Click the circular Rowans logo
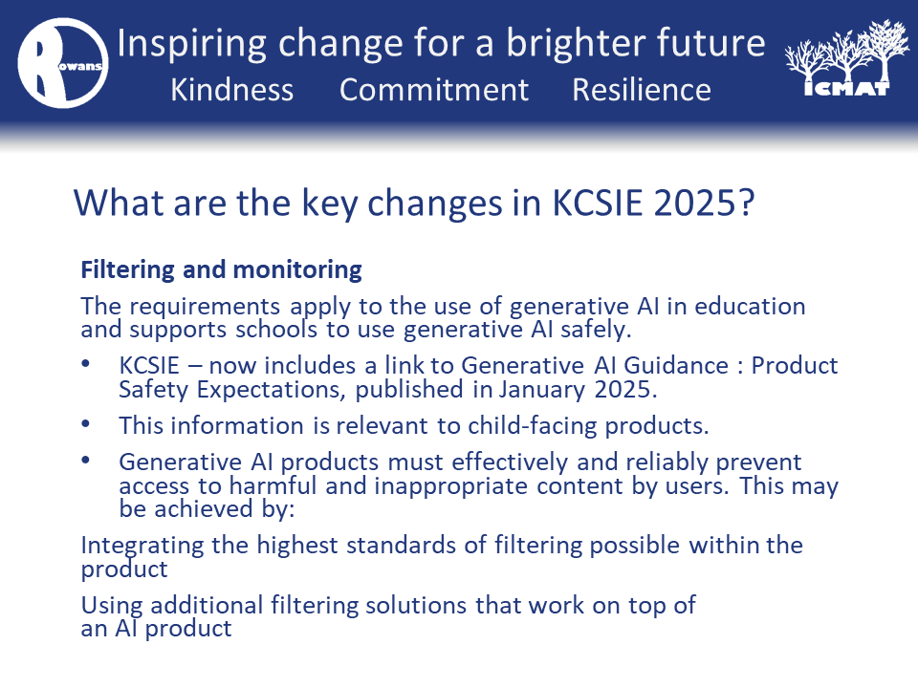coord(63,63)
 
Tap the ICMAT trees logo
coord(847,58)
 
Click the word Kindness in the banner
coord(231,90)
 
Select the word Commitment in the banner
coord(434,90)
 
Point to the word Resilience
coord(642,90)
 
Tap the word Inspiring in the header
coord(192,45)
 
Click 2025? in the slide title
coord(704,203)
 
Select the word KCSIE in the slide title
coord(597,203)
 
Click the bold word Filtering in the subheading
coord(127,270)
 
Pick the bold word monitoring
coord(297,270)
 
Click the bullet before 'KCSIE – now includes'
coord(85,363)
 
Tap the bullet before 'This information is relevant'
coord(85,423)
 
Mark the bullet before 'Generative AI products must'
coord(85,460)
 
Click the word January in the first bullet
coord(541,390)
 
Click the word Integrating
coord(142,546)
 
